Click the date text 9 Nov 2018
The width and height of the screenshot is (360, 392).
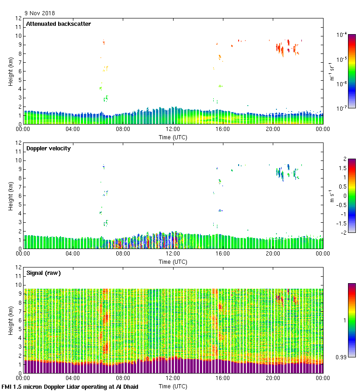(40, 13)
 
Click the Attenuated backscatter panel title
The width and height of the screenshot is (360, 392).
(58, 24)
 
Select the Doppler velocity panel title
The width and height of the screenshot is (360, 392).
(48, 148)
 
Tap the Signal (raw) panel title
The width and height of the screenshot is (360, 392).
(43, 273)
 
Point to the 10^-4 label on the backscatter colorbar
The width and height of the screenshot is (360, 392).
(342, 35)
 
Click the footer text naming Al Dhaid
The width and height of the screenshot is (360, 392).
(70, 387)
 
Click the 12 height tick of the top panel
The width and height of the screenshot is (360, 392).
(19, 18)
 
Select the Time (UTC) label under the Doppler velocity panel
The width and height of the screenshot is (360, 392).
(173, 262)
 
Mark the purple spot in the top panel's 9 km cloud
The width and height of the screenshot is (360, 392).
(289, 50)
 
